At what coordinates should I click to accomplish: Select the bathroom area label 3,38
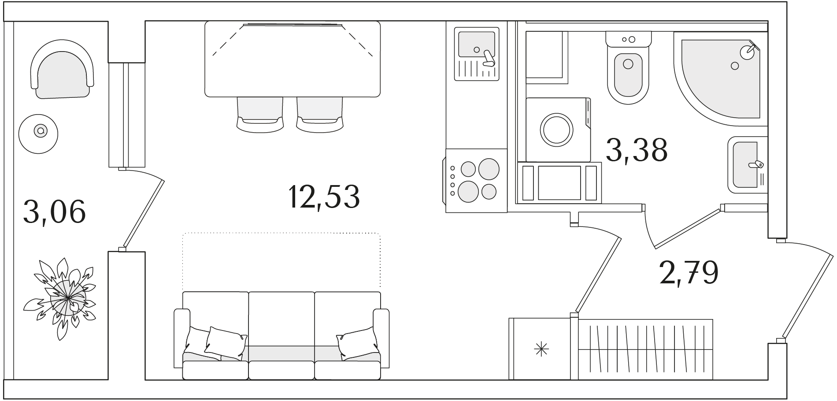tap(637, 150)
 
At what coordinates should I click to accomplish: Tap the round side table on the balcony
tap(39, 131)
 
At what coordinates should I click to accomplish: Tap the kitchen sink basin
tap(476, 45)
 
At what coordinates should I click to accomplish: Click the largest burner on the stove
tap(489, 169)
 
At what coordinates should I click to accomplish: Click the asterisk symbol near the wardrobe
tap(541, 350)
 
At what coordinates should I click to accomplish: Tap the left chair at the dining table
tap(260, 114)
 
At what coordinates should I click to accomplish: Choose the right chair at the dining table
tap(320, 114)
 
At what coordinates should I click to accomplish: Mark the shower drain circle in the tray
tap(734, 66)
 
